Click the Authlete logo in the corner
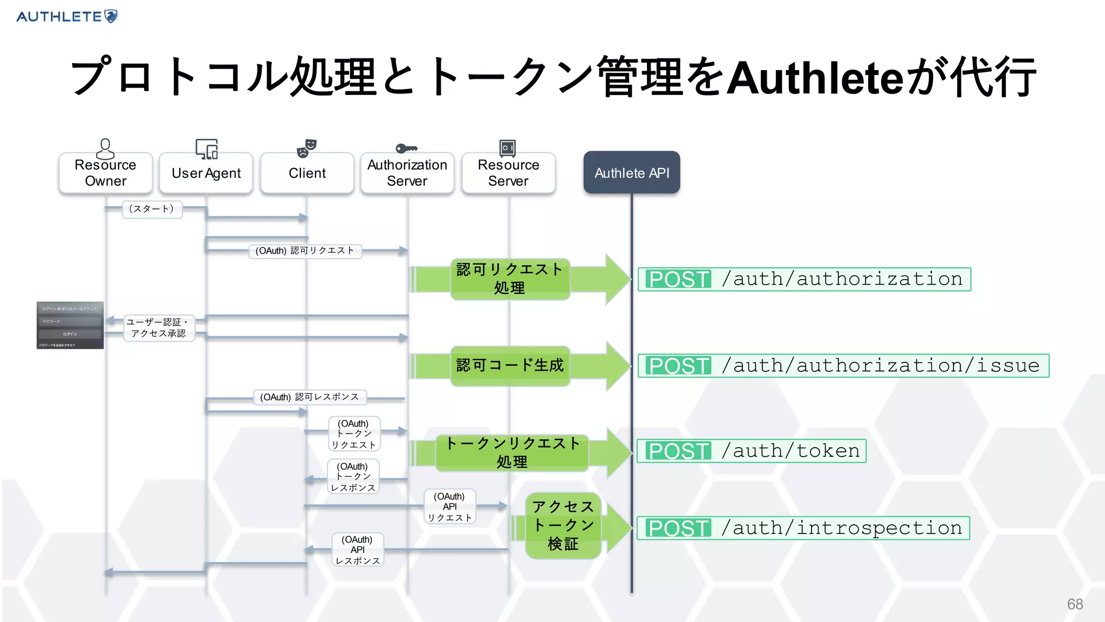pyautogui.click(x=67, y=16)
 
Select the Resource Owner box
pyautogui.click(x=106, y=173)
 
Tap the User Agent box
pyautogui.click(x=206, y=173)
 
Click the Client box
pyautogui.click(x=307, y=173)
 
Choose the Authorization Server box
pyautogui.click(x=407, y=173)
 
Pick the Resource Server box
pyautogui.click(x=508, y=173)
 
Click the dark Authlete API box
pyautogui.click(x=632, y=173)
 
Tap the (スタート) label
pyautogui.click(x=152, y=209)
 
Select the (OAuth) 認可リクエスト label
pyautogui.click(x=305, y=251)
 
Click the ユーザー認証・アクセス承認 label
pyautogui.click(x=158, y=328)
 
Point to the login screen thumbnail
pyautogui.click(x=70, y=325)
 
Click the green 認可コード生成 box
pyautogui.click(x=510, y=366)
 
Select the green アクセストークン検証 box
pyautogui.click(x=563, y=525)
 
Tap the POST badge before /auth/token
pyautogui.click(x=678, y=451)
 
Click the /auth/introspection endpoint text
pyautogui.click(x=842, y=528)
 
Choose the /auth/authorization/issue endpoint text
pyautogui.click(x=881, y=366)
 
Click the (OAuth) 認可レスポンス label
pyautogui.click(x=310, y=397)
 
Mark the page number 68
pyautogui.click(x=1075, y=604)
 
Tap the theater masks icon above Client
pyautogui.click(x=306, y=148)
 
